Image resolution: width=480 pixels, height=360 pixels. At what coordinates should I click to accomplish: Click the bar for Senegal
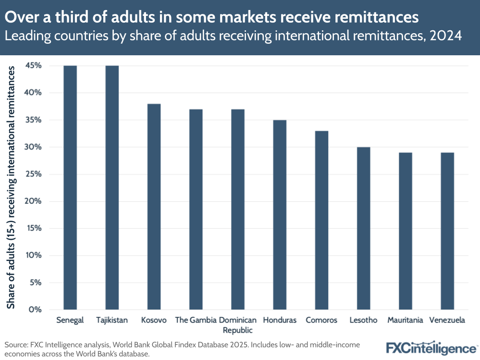click(x=70, y=187)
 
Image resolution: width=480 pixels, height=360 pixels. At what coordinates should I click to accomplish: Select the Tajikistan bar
click(x=112, y=187)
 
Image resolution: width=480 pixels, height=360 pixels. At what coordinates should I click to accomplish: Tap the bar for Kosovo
click(x=154, y=207)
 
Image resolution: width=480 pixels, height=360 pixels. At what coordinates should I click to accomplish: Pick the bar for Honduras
click(x=280, y=215)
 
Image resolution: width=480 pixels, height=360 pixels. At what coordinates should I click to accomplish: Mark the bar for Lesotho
click(x=363, y=228)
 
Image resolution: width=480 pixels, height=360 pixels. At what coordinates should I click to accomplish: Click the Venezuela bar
click(x=447, y=231)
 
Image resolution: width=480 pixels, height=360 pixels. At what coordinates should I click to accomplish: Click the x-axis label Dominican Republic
click(x=237, y=325)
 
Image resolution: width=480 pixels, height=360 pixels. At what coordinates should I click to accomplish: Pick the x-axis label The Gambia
click(x=195, y=320)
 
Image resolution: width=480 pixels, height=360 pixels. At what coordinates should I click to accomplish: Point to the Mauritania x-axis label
click(x=406, y=320)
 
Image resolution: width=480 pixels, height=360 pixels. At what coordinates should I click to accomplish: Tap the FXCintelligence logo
click(x=432, y=348)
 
